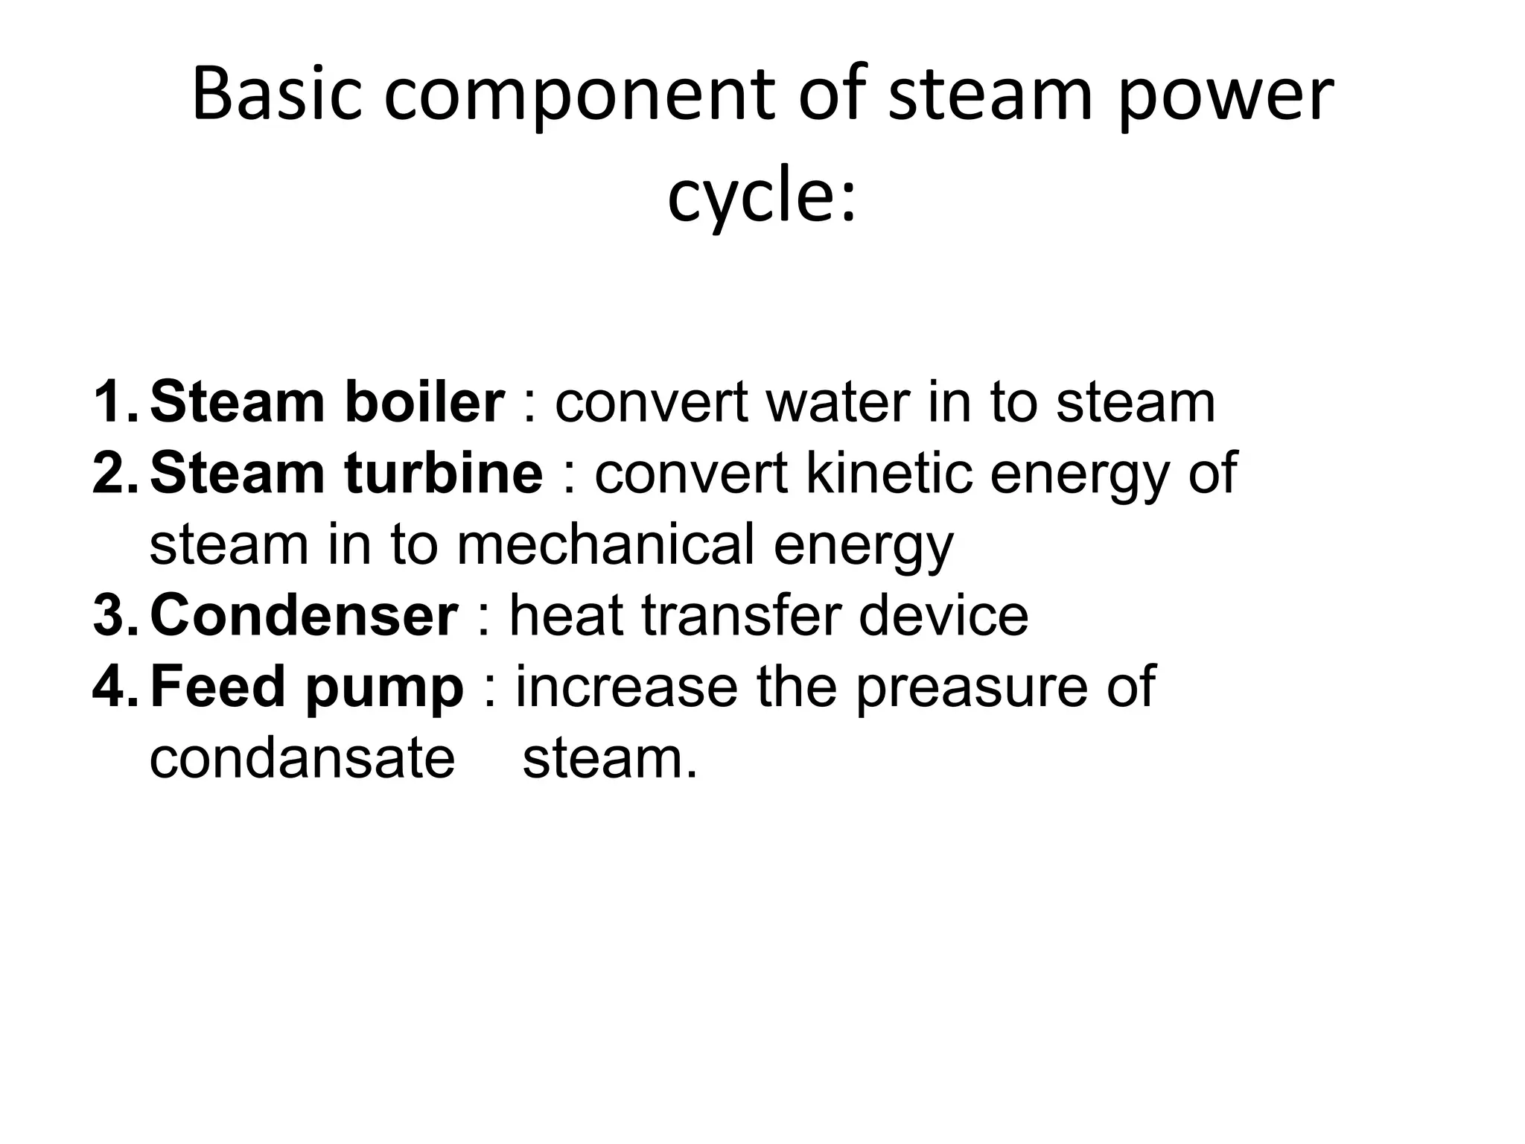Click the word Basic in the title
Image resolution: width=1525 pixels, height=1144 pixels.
point(276,95)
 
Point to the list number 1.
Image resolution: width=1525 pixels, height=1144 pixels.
point(115,402)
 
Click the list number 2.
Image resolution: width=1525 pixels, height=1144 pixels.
point(115,473)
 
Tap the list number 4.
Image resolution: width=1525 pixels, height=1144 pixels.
point(115,686)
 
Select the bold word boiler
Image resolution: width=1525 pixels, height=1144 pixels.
point(424,402)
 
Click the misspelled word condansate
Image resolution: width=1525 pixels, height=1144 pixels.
point(302,758)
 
